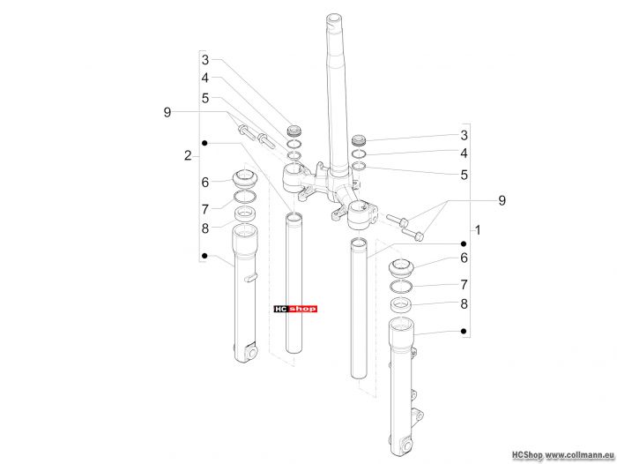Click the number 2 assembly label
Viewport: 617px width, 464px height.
click(x=188, y=156)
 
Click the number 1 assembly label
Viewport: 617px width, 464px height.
click(x=478, y=230)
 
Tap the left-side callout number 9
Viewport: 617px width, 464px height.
click(x=167, y=112)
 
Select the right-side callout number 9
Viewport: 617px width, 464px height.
click(x=502, y=200)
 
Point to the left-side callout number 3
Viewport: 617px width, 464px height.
click(x=205, y=60)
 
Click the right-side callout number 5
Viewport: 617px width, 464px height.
click(x=465, y=175)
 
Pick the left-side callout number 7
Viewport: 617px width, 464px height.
click(x=205, y=210)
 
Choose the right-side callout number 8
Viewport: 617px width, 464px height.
click(x=465, y=304)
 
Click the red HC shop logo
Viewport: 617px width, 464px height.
click(x=295, y=310)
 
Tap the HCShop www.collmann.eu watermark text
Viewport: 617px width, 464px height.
click(x=563, y=455)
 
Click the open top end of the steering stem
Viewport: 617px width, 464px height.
click(x=333, y=19)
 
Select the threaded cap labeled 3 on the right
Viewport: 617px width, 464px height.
click(x=359, y=140)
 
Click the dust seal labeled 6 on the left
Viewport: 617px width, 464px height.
click(x=245, y=179)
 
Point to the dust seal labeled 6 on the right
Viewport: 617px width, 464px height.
click(x=401, y=268)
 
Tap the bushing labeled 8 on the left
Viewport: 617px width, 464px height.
click(x=245, y=214)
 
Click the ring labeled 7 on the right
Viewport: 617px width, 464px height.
click(x=401, y=288)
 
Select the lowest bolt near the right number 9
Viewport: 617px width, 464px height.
click(x=413, y=235)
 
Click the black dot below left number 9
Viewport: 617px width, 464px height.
click(x=204, y=143)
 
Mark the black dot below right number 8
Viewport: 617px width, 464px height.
click(x=464, y=332)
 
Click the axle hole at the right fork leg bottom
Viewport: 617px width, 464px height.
click(x=407, y=445)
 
